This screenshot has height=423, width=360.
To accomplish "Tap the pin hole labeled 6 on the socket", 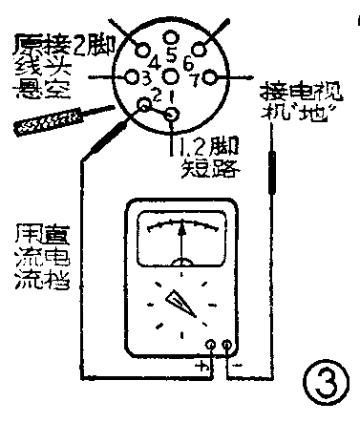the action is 202,47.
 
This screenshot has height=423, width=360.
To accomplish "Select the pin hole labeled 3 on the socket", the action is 129,76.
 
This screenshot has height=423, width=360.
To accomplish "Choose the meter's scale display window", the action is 182,239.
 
